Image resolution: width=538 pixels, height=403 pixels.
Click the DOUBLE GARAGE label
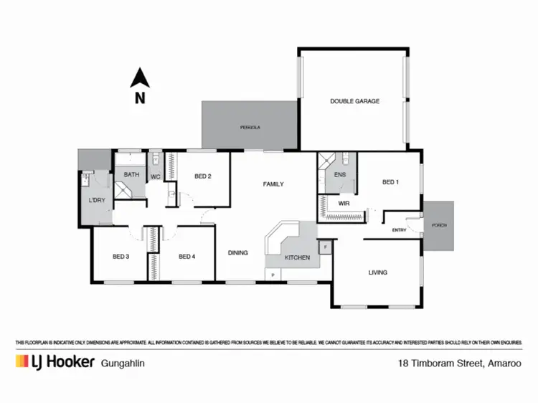pyautogui.click(x=354, y=101)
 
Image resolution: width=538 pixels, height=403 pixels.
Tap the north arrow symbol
pyautogui.click(x=141, y=79)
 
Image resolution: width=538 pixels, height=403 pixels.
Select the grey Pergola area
pyautogui.click(x=250, y=126)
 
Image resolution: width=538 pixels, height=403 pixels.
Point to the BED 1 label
pyautogui.click(x=390, y=182)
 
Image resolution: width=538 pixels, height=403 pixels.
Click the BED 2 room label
pyautogui.click(x=202, y=176)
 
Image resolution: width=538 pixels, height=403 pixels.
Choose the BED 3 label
pyautogui.click(x=121, y=257)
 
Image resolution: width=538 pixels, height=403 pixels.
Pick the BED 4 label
pyautogui.click(x=187, y=257)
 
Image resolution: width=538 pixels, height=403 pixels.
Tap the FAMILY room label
pyautogui.click(x=273, y=184)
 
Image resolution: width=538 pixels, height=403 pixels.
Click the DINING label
pyautogui.click(x=238, y=252)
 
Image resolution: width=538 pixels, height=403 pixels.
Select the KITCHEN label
pyautogui.click(x=297, y=257)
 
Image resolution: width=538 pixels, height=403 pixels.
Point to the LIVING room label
pyautogui.click(x=378, y=272)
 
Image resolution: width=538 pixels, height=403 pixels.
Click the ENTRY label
pyautogui.click(x=400, y=230)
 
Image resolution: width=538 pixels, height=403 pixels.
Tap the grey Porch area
pyautogui.click(x=438, y=225)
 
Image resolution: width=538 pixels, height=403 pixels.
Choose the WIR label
pyautogui.click(x=344, y=204)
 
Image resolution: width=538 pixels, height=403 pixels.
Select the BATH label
pyautogui.click(x=131, y=174)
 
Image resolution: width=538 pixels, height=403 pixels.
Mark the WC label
pyautogui.click(x=156, y=177)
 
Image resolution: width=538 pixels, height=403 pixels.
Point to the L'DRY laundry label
pyautogui.click(x=97, y=200)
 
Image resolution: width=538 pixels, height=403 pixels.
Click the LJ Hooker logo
pyautogui.click(x=55, y=361)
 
